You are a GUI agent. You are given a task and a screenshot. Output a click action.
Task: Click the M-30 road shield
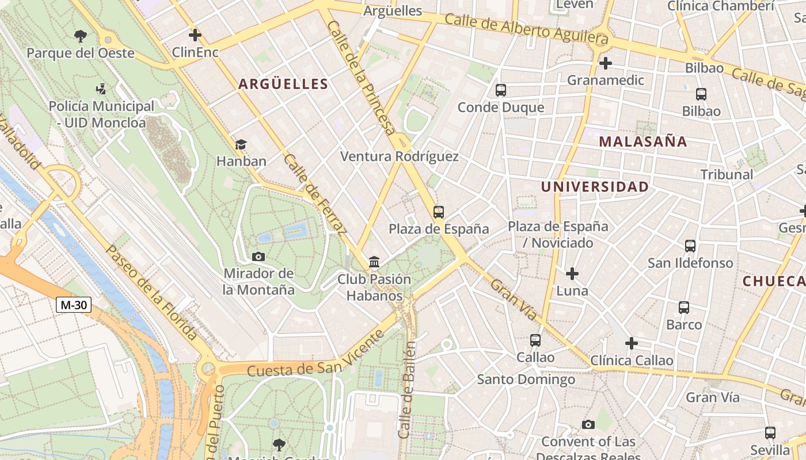click(x=74, y=305)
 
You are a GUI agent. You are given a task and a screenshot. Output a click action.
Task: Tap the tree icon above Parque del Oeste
click(x=81, y=36)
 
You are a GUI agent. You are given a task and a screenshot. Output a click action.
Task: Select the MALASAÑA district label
click(x=643, y=141)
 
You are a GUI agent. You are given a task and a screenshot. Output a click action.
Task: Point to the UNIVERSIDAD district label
click(x=595, y=187)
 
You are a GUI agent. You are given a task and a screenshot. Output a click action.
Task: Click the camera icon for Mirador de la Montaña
click(x=258, y=256)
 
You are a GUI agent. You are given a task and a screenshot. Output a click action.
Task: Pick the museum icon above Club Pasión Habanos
click(x=374, y=262)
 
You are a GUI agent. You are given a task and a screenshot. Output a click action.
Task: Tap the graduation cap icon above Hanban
click(x=241, y=144)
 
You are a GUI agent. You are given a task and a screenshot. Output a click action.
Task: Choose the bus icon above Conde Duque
click(x=501, y=90)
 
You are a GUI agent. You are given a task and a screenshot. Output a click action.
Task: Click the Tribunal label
click(x=727, y=174)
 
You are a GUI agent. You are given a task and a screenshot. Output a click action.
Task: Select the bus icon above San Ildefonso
click(x=690, y=246)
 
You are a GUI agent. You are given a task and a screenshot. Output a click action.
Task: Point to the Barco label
click(x=684, y=325)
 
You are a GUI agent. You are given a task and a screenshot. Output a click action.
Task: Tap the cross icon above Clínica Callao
click(x=632, y=343)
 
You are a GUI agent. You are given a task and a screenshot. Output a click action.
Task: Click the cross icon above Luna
click(x=572, y=274)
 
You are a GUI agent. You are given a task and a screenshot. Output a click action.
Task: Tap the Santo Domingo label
click(x=526, y=379)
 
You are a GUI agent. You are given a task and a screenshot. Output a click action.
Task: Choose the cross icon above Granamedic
click(x=605, y=63)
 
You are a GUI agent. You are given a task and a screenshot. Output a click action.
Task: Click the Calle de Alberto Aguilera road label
click(x=526, y=29)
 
